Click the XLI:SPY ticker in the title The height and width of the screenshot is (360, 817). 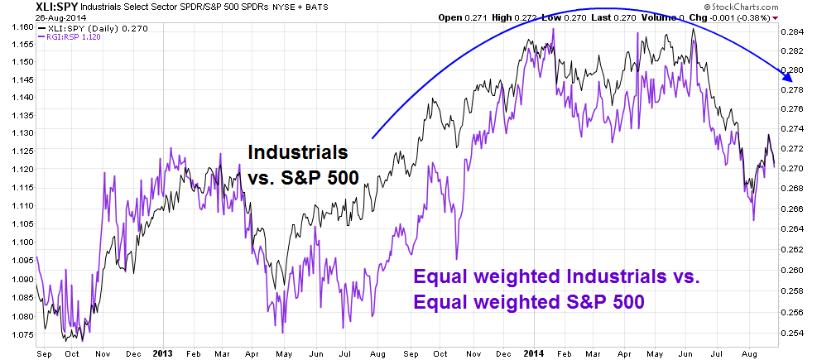click(x=57, y=7)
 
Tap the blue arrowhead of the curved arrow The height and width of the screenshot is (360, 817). click(x=787, y=78)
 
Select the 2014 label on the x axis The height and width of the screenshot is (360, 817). click(x=534, y=353)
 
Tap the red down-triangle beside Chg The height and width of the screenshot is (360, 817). click(x=776, y=18)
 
